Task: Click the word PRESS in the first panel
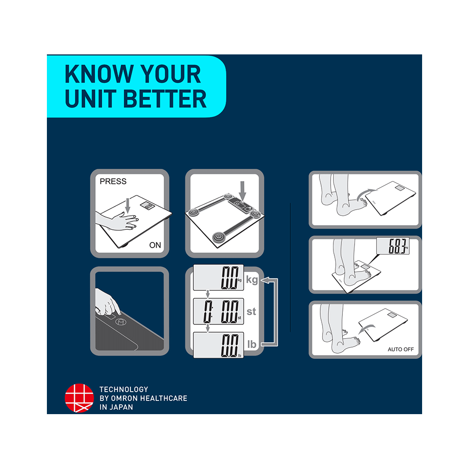pyautogui.click(x=113, y=181)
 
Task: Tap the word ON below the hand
pyautogui.click(x=155, y=245)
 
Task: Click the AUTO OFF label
pyautogui.click(x=401, y=349)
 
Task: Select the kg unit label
pyautogui.click(x=252, y=280)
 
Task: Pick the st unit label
pyautogui.click(x=251, y=311)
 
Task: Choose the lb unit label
pyautogui.click(x=252, y=344)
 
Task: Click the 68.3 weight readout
pyautogui.click(x=398, y=246)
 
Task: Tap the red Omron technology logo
pyautogui.click(x=79, y=398)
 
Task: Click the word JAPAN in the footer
pyautogui.click(x=121, y=407)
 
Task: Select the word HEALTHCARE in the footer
pyautogui.click(x=164, y=398)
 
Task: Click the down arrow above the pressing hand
pyautogui.click(x=128, y=205)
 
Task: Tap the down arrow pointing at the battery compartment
pyautogui.click(x=242, y=191)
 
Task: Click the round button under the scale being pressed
pyautogui.click(x=121, y=322)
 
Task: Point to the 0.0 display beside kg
pyautogui.click(x=230, y=278)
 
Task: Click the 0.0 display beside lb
pyautogui.click(x=230, y=345)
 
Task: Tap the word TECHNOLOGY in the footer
pyautogui.click(x=124, y=389)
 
